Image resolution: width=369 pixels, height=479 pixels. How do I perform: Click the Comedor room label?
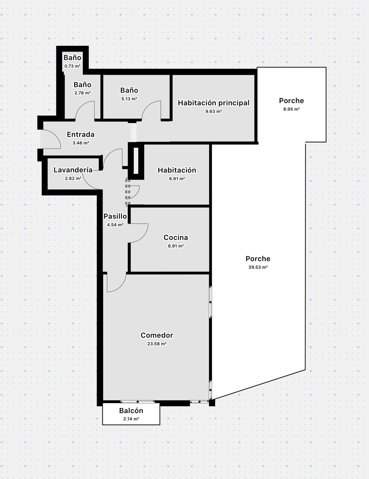coord(157,335)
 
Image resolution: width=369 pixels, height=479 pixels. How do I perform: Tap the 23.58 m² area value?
coord(157,344)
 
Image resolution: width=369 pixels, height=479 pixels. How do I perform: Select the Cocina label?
coord(176,237)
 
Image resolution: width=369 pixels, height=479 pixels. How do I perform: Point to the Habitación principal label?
coord(214,103)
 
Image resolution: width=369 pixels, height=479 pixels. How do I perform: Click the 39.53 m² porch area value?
coord(258,267)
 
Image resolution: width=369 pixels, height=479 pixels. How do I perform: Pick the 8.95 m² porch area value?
coord(292,109)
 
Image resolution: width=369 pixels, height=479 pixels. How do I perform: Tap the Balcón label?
coord(131,411)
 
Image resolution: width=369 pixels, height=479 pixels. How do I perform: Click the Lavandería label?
coord(73,170)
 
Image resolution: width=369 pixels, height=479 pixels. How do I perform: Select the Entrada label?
coord(81,134)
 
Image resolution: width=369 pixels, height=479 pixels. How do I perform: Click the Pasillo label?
coord(115,216)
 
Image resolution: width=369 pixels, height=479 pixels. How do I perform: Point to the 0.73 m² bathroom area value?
coord(72,66)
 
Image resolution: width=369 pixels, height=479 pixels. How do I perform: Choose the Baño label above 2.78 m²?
coord(82,85)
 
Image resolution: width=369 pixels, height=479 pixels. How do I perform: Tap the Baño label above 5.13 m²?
coord(129,90)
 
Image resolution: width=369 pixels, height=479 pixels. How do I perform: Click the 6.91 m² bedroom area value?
coord(177,179)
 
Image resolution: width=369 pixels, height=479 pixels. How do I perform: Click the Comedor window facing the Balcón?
coord(138,402)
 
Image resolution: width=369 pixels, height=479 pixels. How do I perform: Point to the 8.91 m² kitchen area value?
coord(176,246)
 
